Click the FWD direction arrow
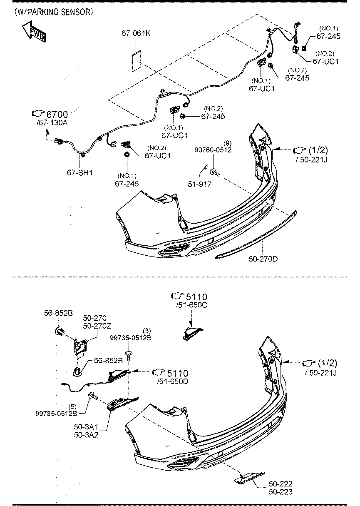tap(34, 31)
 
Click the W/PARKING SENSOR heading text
tap(54, 12)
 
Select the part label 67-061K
tap(136, 33)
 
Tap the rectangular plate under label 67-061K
tap(137, 61)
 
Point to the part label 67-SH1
tap(79, 173)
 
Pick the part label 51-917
tap(200, 184)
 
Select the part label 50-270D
tap(263, 259)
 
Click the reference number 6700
tap(57, 115)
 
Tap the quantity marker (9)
tap(228, 143)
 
